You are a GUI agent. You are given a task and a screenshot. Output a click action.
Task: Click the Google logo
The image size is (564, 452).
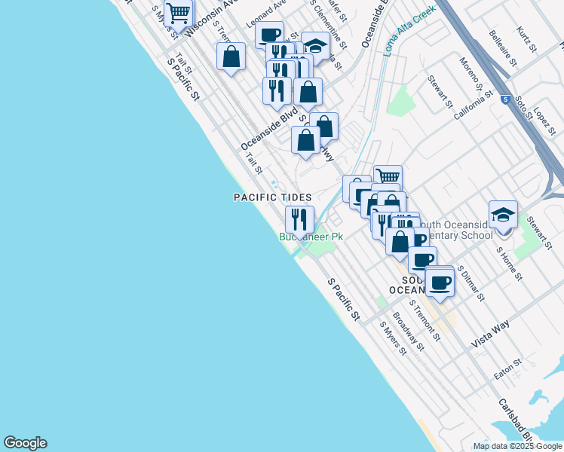pos(25,443)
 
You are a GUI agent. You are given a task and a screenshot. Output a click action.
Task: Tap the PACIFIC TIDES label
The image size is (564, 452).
pos(271,197)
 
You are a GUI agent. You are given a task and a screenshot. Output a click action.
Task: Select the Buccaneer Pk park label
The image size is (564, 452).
pos(311,237)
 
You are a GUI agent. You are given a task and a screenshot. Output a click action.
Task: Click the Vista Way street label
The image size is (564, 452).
pos(490,332)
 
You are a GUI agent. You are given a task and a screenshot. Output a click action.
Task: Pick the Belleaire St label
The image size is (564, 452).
pos(501,48)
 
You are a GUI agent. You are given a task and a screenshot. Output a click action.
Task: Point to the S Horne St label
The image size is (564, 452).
pos(509,263)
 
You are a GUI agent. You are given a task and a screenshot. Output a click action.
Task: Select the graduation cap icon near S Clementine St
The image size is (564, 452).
pos(316,47)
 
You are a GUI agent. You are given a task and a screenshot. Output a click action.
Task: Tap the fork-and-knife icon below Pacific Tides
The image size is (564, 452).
pos(299,219)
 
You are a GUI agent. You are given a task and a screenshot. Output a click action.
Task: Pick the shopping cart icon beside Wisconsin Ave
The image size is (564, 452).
pos(178,12)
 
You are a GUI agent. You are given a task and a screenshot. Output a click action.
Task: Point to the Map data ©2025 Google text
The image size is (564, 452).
pos(517,446)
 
